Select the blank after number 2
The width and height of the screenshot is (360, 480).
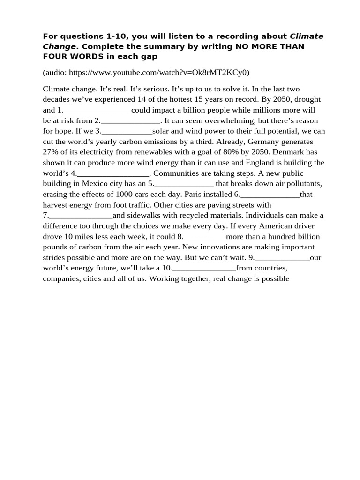pyautogui.click(x=131, y=121)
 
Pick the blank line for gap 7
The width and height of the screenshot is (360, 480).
pyautogui.click(x=81, y=216)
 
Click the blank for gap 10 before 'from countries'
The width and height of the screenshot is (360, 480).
pyautogui.click(x=204, y=268)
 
